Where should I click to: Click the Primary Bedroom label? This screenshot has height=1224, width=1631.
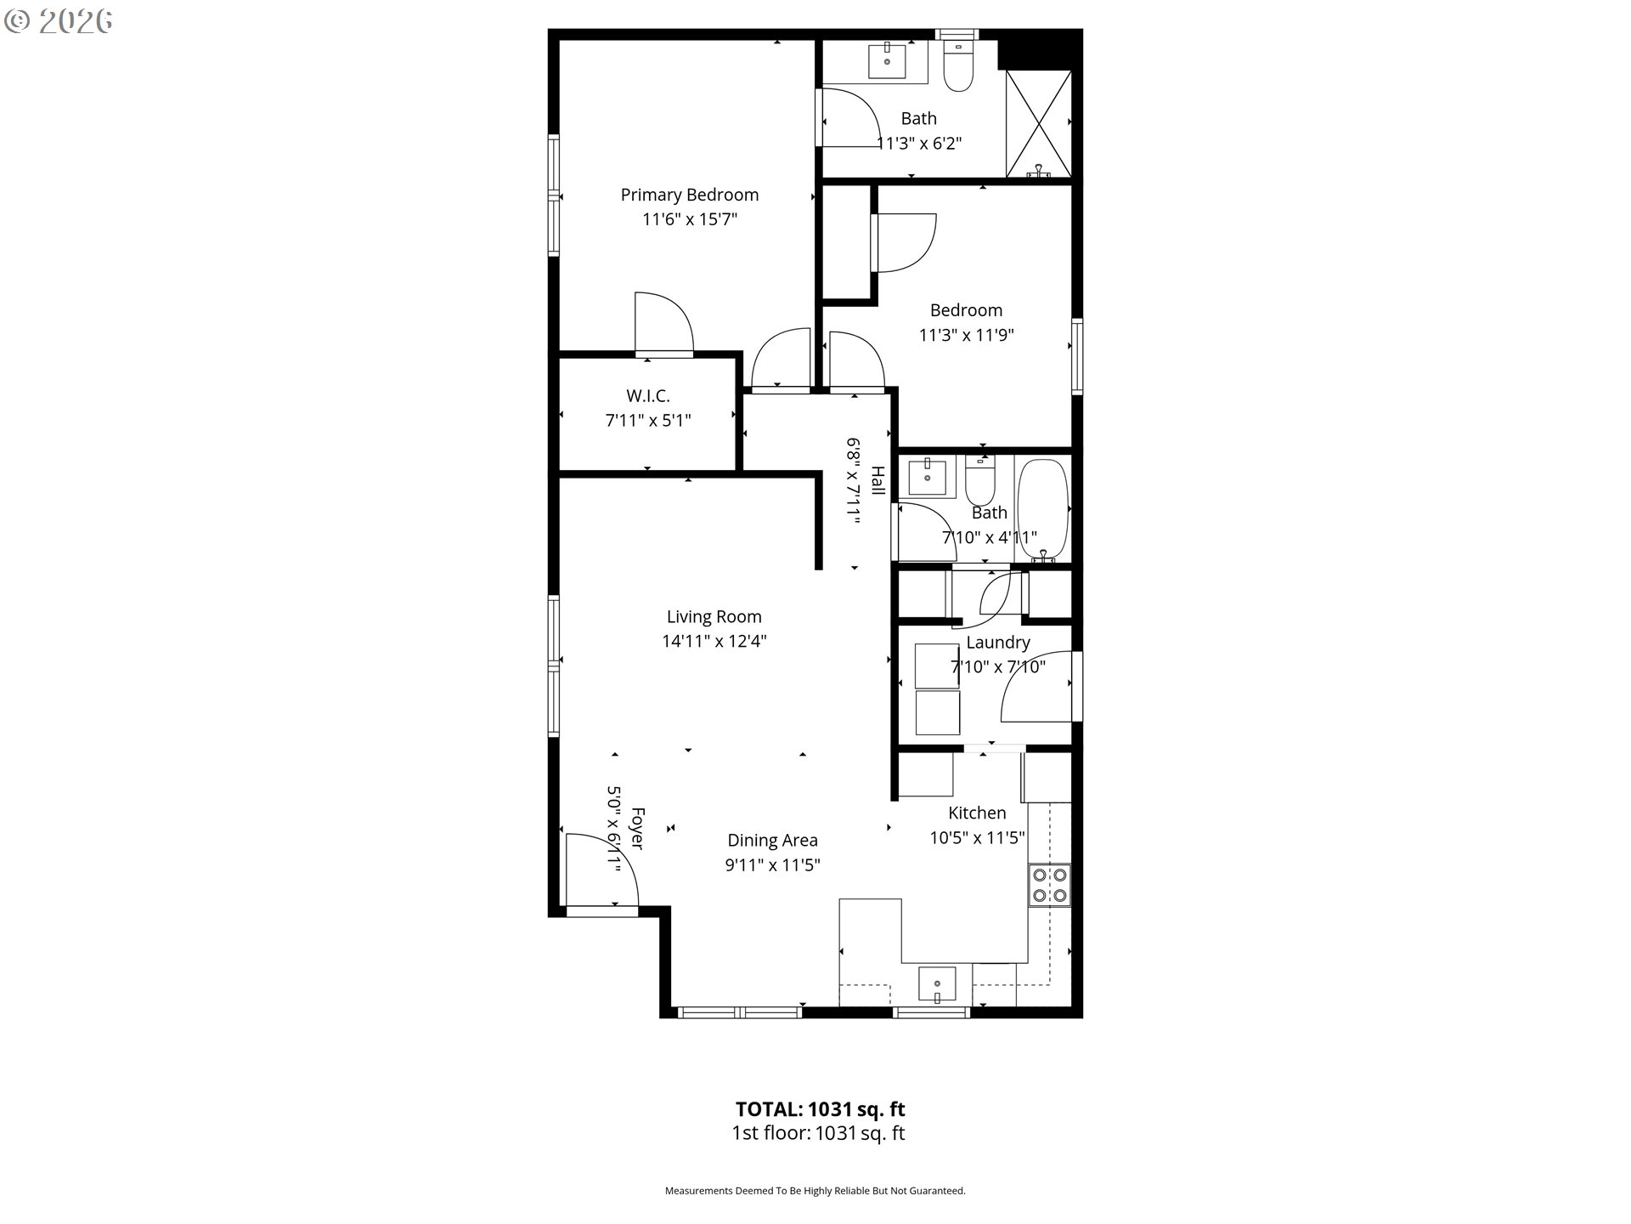(689, 195)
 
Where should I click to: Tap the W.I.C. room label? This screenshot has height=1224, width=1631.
(648, 396)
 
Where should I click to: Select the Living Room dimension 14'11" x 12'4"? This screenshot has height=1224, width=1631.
(714, 641)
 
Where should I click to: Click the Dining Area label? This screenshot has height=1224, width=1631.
(772, 840)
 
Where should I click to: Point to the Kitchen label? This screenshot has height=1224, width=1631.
(977, 813)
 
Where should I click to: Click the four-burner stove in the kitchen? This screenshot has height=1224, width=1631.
(1050, 885)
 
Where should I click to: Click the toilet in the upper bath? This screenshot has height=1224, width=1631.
(958, 65)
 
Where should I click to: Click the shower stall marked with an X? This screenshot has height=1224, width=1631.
(1038, 124)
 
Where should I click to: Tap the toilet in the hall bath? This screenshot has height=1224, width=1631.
(980, 481)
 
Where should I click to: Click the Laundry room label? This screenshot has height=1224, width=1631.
(997, 643)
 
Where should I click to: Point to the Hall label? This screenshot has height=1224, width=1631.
(878, 481)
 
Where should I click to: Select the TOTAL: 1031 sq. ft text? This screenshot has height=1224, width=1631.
(820, 1109)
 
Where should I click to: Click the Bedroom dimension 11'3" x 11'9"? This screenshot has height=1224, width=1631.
(967, 335)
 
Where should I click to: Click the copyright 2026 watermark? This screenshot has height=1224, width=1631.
(59, 21)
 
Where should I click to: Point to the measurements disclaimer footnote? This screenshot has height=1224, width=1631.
(815, 1191)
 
